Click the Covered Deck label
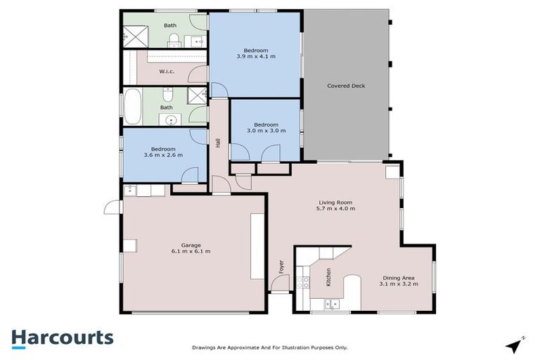346,86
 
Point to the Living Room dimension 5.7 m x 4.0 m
334,209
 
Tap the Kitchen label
328,276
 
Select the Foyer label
281,267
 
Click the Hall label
219,143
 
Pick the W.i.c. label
166,71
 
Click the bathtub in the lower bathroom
134,106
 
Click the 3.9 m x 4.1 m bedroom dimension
255,56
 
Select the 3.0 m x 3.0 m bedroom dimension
265,131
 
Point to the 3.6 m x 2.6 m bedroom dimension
163,155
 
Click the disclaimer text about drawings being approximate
270,347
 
